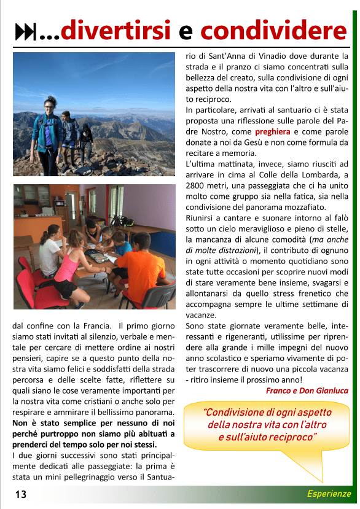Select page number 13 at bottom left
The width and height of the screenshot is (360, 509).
(22, 494)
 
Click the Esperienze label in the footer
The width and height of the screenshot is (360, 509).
(329, 494)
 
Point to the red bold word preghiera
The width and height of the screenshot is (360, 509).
(273, 131)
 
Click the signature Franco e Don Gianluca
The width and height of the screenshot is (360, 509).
(307, 390)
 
